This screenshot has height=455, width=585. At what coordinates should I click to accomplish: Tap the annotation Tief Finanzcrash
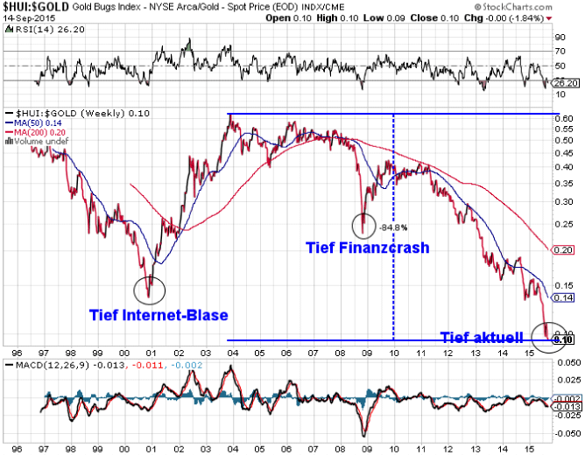(367, 248)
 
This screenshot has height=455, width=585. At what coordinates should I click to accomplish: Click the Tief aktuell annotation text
(482, 336)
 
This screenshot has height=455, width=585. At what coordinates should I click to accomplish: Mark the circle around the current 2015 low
(548, 336)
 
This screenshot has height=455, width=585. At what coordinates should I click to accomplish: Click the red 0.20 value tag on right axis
(564, 250)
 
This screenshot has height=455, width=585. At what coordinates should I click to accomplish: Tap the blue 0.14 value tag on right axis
(564, 298)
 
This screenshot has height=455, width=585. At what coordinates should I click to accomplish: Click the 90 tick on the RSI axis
(560, 38)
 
